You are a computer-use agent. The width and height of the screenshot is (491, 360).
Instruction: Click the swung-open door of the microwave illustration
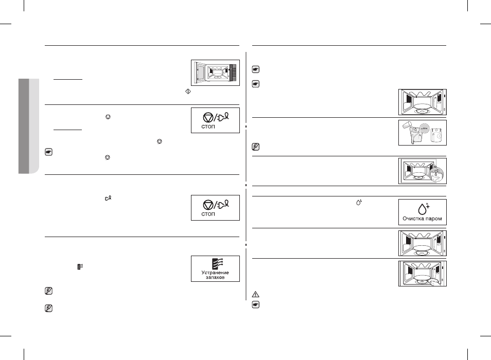[x=199, y=72]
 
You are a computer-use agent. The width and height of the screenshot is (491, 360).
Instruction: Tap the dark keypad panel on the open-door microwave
[x=233, y=73]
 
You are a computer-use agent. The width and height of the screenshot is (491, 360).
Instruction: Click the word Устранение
[x=215, y=273]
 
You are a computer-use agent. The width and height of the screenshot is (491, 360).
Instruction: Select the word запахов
[x=215, y=277]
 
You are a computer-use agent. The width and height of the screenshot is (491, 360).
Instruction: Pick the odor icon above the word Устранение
[x=217, y=264]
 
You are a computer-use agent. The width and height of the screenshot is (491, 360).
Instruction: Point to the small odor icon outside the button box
[x=80, y=266]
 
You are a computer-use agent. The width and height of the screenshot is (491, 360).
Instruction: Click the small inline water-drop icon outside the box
[x=359, y=202]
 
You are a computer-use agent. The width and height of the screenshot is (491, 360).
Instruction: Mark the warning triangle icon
[x=255, y=294]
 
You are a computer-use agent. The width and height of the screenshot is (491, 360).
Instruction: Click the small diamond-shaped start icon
[x=188, y=92]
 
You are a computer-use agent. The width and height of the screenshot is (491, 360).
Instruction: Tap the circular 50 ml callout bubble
[x=424, y=128]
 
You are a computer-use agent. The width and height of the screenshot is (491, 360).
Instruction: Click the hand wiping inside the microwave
[x=434, y=282]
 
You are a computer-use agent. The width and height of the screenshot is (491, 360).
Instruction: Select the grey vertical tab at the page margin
[x=29, y=126]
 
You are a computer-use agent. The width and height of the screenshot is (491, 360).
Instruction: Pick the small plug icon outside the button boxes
[x=109, y=199]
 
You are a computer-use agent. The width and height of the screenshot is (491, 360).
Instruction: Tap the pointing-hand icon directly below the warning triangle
[x=255, y=304]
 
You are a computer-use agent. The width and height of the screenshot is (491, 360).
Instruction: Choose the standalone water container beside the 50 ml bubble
[x=436, y=135]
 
